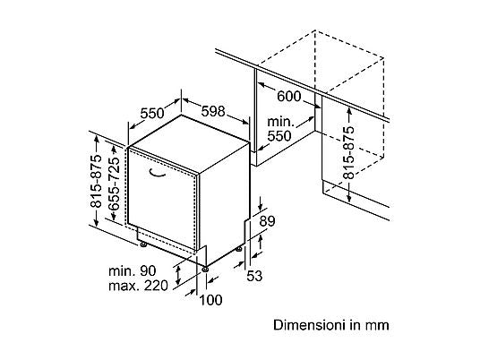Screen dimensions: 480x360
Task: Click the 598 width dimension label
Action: pos(213,111)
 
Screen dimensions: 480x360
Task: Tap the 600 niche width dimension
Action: pos(289,97)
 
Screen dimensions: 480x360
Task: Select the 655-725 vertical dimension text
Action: pos(115,184)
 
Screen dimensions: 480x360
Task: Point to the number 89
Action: pos(267,221)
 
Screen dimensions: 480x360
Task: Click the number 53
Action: pos(254,276)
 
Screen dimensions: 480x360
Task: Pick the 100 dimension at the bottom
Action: pos(210,300)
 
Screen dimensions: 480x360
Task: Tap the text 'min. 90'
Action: pos(133,271)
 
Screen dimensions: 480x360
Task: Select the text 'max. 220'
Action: pos(139,286)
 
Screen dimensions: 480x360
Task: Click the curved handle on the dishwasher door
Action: pos(157,174)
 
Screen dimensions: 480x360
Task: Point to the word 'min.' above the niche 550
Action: pos(280,122)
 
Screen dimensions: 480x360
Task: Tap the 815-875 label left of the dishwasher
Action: pos(97,181)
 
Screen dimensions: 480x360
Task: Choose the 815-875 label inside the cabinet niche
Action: pos(348,152)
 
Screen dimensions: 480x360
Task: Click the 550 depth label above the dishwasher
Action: pos(152,113)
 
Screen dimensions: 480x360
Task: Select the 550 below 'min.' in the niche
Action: pos(279,136)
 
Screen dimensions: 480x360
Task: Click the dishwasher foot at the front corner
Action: pos(205,269)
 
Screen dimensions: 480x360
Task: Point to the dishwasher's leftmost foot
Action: pos(142,244)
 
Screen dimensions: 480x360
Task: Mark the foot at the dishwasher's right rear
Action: pos(239,249)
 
